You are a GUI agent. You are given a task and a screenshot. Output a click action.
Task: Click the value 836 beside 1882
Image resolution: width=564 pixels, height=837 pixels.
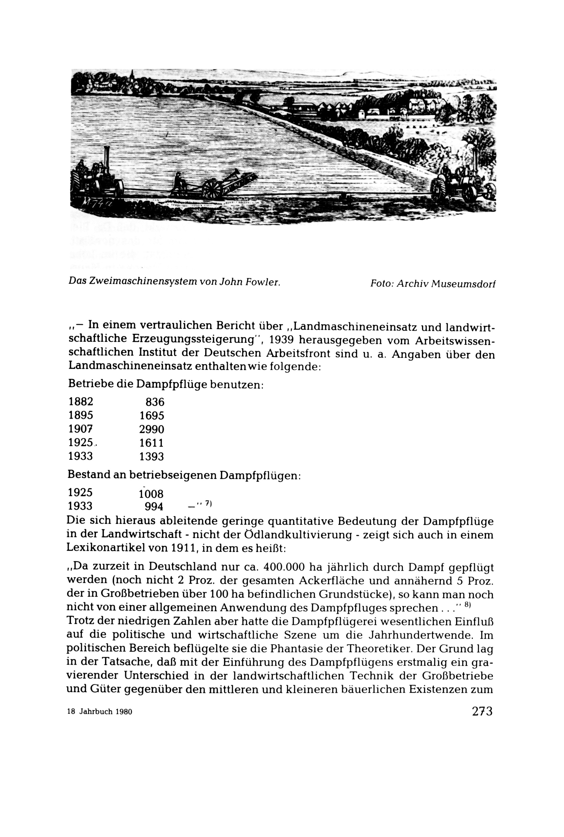(x=155, y=402)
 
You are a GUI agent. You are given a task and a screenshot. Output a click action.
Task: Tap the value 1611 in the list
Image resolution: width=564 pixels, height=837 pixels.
(x=151, y=443)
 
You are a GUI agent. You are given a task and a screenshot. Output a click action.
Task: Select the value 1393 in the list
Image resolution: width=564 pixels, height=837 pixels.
(x=151, y=456)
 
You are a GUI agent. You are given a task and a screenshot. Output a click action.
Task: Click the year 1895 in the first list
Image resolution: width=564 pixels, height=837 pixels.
(x=80, y=415)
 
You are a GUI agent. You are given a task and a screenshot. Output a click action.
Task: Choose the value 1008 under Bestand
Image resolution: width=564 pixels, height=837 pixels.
(x=151, y=493)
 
